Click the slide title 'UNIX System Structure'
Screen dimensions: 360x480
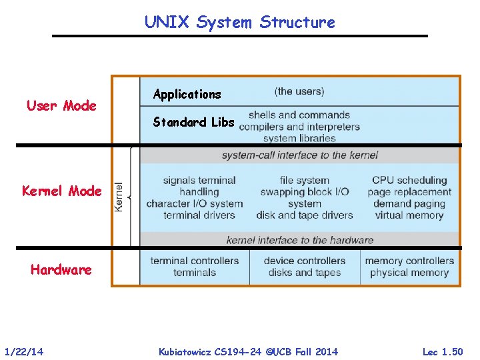click(240, 22)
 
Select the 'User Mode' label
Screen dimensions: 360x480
click(61, 105)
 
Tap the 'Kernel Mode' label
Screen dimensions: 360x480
click(62, 191)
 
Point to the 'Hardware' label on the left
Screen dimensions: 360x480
click(61, 270)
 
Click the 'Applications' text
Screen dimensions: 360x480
click(187, 94)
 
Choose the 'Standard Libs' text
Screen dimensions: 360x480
click(193, 122)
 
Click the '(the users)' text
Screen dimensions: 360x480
click(299, 91)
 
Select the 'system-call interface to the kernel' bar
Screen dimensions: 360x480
click(299, 155)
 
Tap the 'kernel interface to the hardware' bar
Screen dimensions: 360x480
click(299, 240)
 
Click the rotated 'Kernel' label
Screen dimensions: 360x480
click(119, 197)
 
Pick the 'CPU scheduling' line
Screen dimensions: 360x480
click(409, 180)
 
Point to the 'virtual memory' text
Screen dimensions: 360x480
click(409, 215)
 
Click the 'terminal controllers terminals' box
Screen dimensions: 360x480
click(195, 267)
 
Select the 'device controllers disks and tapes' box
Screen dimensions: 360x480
click(305, 267)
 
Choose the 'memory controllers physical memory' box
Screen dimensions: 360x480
click(409, 267)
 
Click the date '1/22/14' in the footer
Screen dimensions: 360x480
click(24, 351)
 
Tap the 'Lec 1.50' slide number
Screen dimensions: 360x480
click(443, 351)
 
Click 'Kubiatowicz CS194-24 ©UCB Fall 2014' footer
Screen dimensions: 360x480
click(248, 351)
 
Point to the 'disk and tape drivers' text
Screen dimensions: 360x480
click(305, 215)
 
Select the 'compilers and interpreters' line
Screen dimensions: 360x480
click(299, 127)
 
